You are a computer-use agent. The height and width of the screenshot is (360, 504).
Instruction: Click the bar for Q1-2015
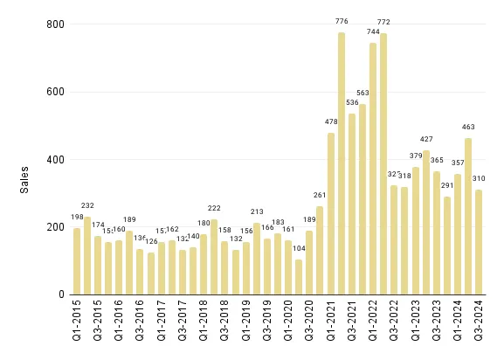pos(77,261)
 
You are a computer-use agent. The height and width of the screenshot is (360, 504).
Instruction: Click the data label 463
pos(468,128)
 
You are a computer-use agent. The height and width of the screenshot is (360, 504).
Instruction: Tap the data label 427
pos(426,139)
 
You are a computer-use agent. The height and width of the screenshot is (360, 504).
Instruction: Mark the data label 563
pos(362,93)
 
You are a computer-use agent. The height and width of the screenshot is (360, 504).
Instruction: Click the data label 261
pos(320,196)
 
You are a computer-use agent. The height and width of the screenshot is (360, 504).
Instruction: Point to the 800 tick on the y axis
pos(54,24)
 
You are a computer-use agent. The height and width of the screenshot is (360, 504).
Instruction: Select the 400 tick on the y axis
pos(54,160)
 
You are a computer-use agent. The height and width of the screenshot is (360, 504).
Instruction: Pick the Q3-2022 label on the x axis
pos(395,322)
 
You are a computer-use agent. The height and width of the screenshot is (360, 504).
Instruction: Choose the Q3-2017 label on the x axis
pos(183,322)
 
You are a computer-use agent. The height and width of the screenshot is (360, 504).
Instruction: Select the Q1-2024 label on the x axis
pos(458,322)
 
